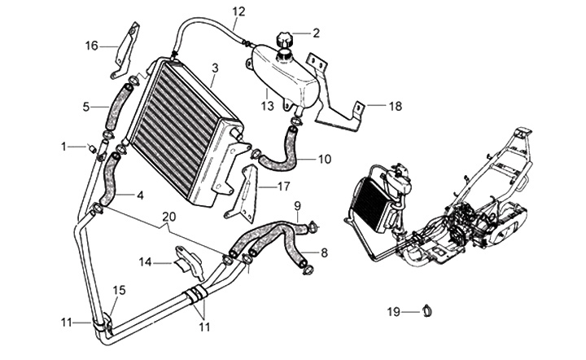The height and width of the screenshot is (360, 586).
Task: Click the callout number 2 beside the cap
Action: coord(316,33)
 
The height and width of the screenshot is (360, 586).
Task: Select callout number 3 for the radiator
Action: coord(214,68)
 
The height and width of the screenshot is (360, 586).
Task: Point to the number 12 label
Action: coord(238,11)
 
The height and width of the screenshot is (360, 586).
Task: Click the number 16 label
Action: coord(92,46)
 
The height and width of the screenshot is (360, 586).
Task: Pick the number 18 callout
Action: coord(395,106)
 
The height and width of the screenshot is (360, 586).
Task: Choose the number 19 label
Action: coord(393,312)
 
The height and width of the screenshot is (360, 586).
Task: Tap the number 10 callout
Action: coord(324,159)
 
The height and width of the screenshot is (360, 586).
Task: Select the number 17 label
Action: coord(284,186)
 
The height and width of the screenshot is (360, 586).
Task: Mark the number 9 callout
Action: coord(297,204)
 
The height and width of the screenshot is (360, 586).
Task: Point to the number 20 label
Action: coord(168,217)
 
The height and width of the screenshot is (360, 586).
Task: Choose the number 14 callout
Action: coord(144,262)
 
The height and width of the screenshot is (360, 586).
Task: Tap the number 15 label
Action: coord(119,291)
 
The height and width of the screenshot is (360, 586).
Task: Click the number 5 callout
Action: coord(85,106)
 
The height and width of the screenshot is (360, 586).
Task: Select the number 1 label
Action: coord(63,147)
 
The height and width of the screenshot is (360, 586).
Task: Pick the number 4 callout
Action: coord(140,195)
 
